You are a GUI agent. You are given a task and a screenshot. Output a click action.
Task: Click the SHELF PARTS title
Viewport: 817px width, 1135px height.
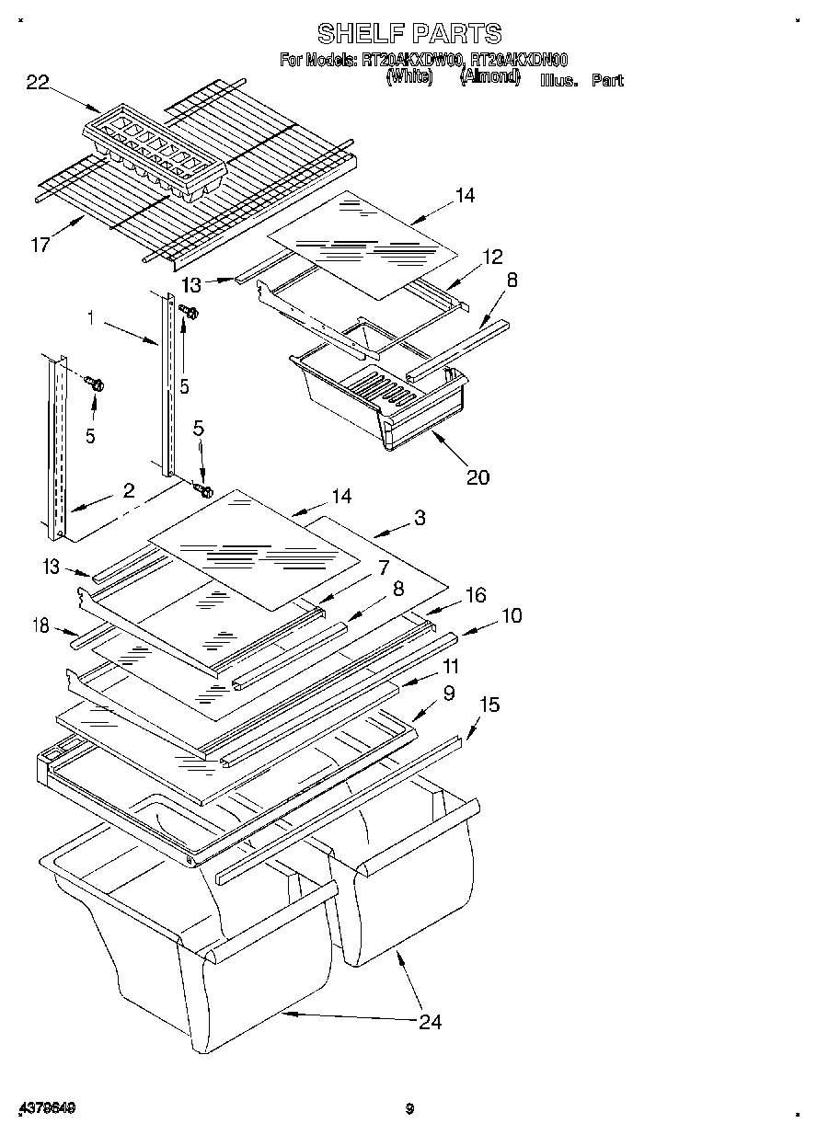click(x=409, y=34)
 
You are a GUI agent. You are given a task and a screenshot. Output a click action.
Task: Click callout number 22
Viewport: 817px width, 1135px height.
click(x=37, y=84)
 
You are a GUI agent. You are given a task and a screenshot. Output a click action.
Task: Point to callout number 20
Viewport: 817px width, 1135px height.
click(x=478, y=476)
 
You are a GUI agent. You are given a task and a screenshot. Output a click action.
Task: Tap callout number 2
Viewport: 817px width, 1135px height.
click(x=129, y=489)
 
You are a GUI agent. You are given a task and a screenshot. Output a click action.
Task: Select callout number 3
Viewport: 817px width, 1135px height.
click(x=420, y=518)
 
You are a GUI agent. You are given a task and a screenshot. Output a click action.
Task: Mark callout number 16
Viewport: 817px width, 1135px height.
click(x=475, y=595)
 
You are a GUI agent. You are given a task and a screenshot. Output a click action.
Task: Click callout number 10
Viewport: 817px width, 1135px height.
click(x=511, y=615)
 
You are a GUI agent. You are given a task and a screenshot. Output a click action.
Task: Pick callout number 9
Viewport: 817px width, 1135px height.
click(x=448, y=693)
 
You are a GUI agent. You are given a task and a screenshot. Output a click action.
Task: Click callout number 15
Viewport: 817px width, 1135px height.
click(x=489, y=705)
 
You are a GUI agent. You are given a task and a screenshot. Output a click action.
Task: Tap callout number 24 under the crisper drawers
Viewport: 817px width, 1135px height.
click(x=430, y=1022)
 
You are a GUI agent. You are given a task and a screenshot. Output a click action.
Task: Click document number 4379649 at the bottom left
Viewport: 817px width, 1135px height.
click(x=45, y=1108)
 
